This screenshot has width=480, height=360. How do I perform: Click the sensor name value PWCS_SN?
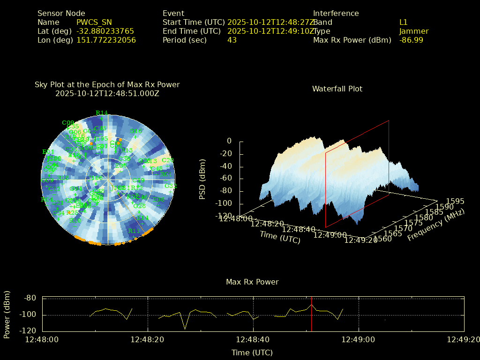[x=94, y=22]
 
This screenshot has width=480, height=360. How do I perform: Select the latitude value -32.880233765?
[x=105, y=31]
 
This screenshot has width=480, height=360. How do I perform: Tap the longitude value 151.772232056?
[x=106, y=40]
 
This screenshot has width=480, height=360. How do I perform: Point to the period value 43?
[x=232, y=40]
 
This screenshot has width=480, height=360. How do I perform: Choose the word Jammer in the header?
[x=414, y=31]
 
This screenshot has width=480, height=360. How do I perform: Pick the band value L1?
[x=404, y=22]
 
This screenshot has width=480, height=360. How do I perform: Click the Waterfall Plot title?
[x=337, y=89]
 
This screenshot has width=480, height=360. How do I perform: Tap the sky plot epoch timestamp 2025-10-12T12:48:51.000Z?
[x=107, y=93]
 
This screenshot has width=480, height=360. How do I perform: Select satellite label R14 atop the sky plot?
[x=101, y=113]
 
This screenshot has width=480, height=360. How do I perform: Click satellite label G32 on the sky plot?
[x=171, y=186]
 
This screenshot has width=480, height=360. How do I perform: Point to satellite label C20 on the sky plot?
[x=167, y=160]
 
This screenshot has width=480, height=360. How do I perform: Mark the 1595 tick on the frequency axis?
[x=455, y=201]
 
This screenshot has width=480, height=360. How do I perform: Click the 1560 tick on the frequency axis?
[x=383, y=239]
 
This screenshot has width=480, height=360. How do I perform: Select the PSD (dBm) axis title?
[x=202, y=179]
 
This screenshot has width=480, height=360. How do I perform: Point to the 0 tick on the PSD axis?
[x=229, y=141]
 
